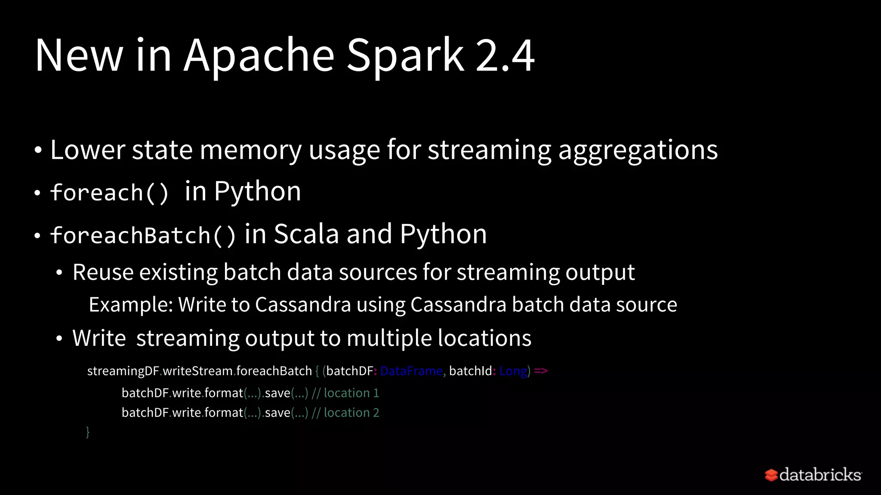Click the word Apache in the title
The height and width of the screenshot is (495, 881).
(x=259, y=56)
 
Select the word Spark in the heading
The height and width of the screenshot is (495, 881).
(x=405, y=56)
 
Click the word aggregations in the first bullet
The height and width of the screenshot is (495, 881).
(x=638, y=150)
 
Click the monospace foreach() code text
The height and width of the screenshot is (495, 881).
(x=110, y=192)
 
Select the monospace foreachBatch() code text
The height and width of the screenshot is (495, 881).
(x=143, y=235)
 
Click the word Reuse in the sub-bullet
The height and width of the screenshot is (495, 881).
(x=103, y=272)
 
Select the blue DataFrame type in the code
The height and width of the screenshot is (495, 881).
(x=411, y=371)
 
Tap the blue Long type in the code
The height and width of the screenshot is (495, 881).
(x=513, y=371)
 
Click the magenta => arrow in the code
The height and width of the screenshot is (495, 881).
(x=541, y=371)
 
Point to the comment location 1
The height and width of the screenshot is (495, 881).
(x=351, y=393)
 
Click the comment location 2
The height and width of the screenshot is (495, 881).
(x=351, y=413)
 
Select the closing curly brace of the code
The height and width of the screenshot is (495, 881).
(x=88, y=431)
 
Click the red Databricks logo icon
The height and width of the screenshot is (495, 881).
(x=771, y=475)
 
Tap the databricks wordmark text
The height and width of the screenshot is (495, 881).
(x=820, y=475)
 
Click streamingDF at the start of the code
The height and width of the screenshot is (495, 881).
(x=123, y=371)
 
